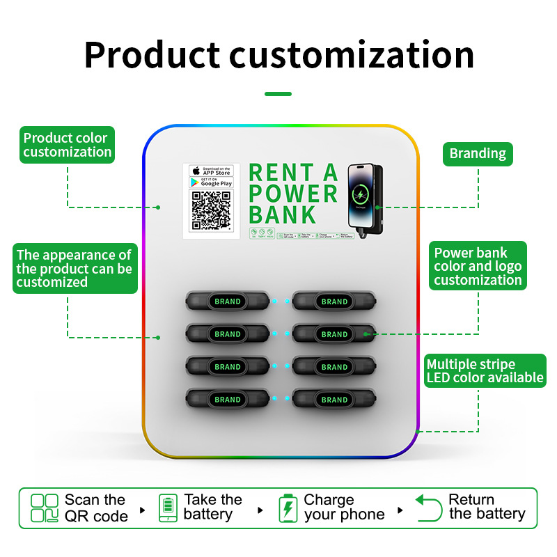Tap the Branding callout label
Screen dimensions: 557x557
pyautogui.click(x=478, y=154)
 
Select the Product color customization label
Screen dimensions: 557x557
pyautogui.click(x=67, y=145)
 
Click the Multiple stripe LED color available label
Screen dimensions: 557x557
pyautogui.click(x=485, y=370)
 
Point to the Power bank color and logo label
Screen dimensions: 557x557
pyautogui.click(x=478, y=266)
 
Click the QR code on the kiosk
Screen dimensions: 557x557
pyautogui.click(x=211, y=210)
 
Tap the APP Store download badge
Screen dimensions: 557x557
pyautogui.click(x=211, y=171)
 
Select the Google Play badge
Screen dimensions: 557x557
pyautogui.click(x=211, y=182)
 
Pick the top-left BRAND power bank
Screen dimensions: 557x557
pyautogui.click(x=227, y=301)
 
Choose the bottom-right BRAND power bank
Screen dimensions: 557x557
pyautogui.click(x=334, y=400)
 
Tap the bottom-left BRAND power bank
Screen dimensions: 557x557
pyautogui.click(x=227, y=400)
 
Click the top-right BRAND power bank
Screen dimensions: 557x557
pyautogui.click(x=334, y=301)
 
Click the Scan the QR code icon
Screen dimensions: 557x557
pyautogui.click(x=45, y=508)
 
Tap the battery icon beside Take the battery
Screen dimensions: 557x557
pyautogui.click(x=168, y=508)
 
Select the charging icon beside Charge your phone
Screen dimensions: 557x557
pyautogui.click(x=287, y=508)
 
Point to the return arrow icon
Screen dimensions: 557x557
pyautogui.click(x=429, y=508)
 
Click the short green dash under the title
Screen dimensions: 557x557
pyautogui.click(x=278, y=94)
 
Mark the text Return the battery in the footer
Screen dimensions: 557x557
pyautogui.click(x=486, y=507)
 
